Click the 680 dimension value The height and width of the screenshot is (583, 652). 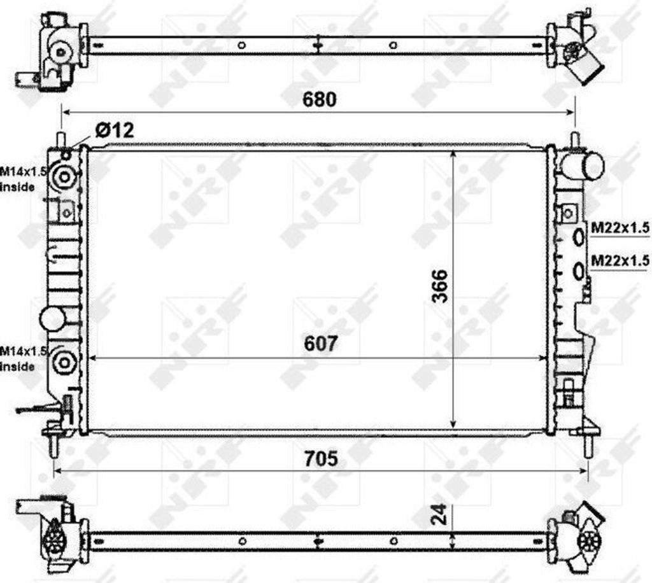(x=319, y=100)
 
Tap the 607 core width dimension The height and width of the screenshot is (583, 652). (x=321, y=344)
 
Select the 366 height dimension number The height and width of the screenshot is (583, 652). (x=440, y=286)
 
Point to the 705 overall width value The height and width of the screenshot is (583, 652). (x=321, y=459)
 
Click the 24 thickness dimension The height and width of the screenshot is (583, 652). (x=440, y=514)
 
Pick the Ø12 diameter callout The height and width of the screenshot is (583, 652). (x=115, y=130)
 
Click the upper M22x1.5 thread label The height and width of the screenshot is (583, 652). (x=620, y=227)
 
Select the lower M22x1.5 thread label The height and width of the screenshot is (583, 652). (x=620, y=260)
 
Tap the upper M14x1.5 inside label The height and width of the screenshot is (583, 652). (x=23, y=179)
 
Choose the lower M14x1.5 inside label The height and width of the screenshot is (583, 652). (x=23, y=359)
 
